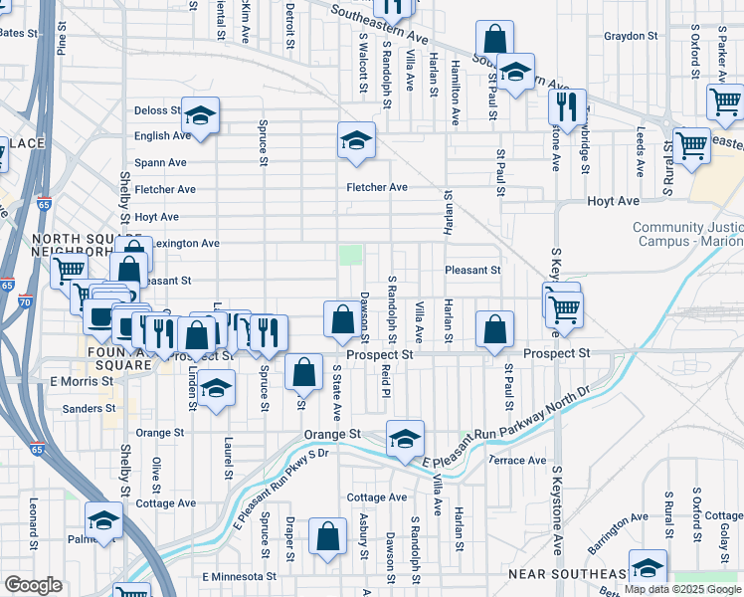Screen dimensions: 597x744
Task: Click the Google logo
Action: coord(33,585)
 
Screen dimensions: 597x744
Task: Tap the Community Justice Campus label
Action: coord(687,235)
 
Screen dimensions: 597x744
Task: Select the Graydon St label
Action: coord(632,36)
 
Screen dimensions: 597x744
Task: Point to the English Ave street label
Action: coord(162,135)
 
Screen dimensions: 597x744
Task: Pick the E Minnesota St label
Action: coord(239,576)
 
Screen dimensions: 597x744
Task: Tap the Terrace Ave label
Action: coord(517,461)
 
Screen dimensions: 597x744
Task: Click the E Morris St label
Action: coord(75,381)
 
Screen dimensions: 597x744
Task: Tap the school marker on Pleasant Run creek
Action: coord(405,439)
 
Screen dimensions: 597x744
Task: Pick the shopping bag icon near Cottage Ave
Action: coord(328,537)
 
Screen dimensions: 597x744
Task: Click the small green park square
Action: coord(349,256)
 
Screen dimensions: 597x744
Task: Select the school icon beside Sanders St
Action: coord(215,389)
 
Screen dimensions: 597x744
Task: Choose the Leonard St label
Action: coord(33,523)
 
